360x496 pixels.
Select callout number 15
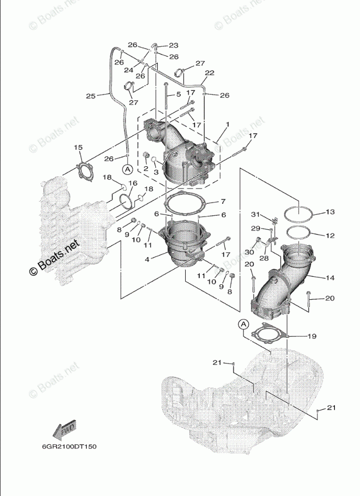tap(78, 147)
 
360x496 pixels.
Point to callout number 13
tap(329, 212)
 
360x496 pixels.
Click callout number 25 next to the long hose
tap(90, 95)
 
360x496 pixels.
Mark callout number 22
tap(209, 73)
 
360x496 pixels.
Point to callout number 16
tap(132, 183)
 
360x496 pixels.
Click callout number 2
tap(146, 169)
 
